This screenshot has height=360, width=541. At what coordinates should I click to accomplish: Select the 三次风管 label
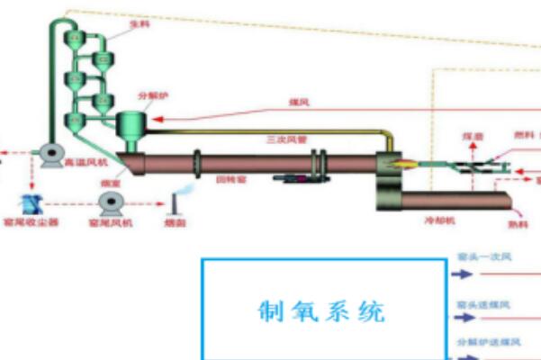click(283, 139)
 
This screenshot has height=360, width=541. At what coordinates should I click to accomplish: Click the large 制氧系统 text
click(322, 311)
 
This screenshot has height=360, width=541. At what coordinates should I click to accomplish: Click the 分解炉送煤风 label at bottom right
click(491, 343)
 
